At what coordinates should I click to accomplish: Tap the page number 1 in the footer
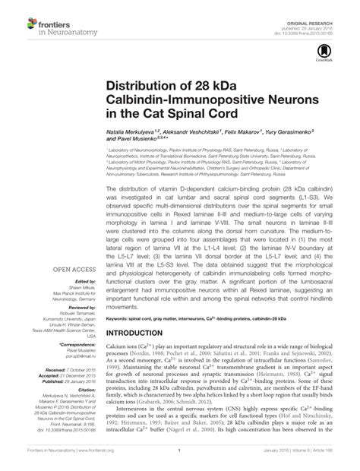(x=180, y=461)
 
